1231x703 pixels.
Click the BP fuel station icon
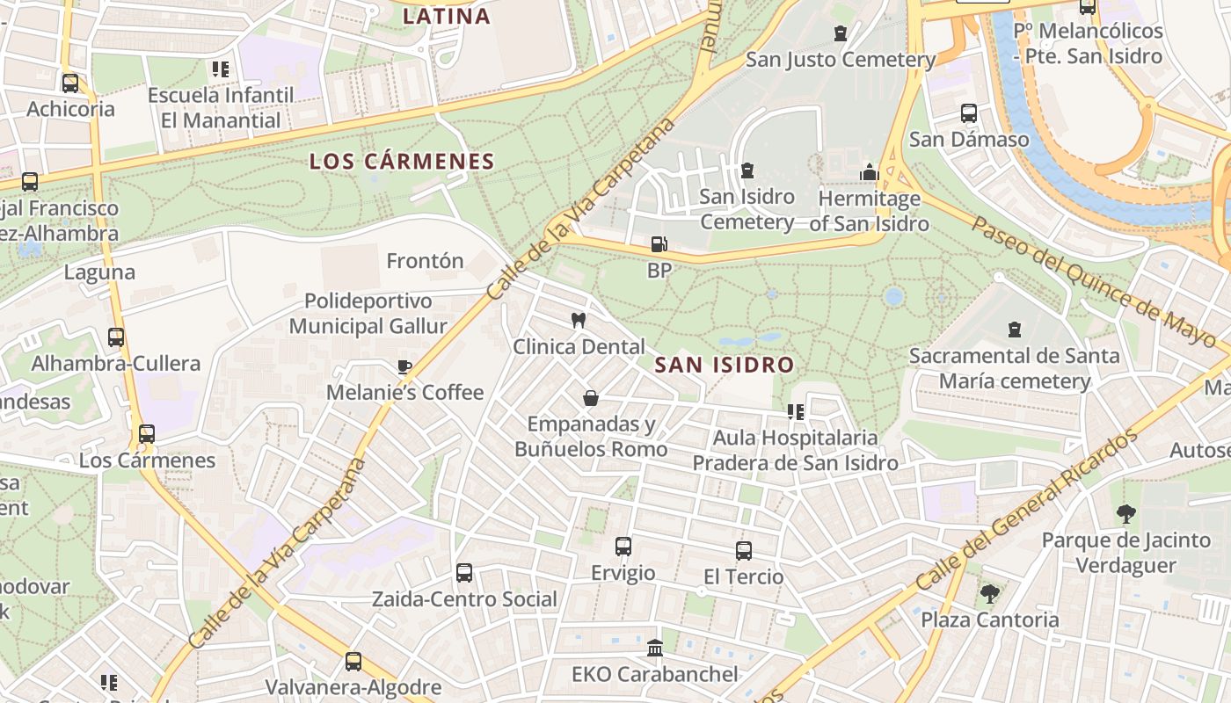(x=659, y=244)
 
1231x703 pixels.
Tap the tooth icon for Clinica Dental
(x=579, y=320)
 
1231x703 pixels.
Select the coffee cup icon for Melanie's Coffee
(x=404, y=366)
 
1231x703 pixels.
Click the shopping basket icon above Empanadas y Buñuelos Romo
(x=591, y=398)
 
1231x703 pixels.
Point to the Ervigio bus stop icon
(x=623, y=547)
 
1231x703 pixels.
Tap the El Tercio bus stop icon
(x=744, y=551)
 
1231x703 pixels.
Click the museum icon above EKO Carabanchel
(x=655, y=649)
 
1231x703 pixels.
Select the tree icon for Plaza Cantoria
(x=990, y=594)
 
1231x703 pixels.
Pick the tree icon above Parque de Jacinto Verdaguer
(x=1125, y=514)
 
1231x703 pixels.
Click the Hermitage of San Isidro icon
(x=870, y=172)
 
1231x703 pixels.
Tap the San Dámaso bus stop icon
(x=969, y=113)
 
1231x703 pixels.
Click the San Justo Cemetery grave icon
(x=841, y=33)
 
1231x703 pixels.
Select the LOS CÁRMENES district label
(x=403, y=162)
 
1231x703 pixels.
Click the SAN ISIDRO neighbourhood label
(x=725, y=365)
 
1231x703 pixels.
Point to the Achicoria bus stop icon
(x=70, y=83)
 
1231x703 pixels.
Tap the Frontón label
(x=425, y=261)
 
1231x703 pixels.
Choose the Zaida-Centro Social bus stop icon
(x=464, y=573)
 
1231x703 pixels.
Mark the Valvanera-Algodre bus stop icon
(x=353, y=662)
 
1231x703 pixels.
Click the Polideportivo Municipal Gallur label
(x=368, y=314)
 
